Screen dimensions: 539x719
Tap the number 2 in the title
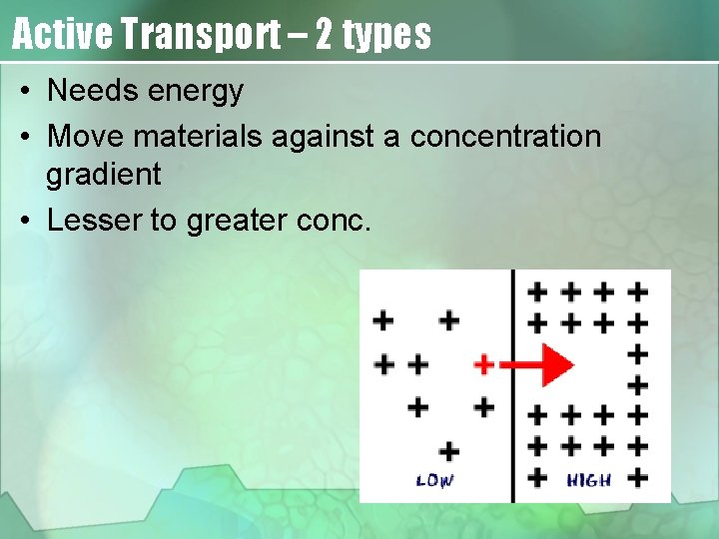coord(325,35)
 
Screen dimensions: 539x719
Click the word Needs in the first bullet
coord(93,91)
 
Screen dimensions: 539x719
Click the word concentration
coord(492,136)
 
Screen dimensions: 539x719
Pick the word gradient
coord(103,176)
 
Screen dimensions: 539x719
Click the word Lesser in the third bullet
coord(94,220)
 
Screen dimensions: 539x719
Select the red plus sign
coord(483,364)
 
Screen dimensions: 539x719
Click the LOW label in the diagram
coord(434,481)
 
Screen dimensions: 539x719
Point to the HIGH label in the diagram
coord(589,481)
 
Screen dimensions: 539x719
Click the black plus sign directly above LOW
coord(449,451)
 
